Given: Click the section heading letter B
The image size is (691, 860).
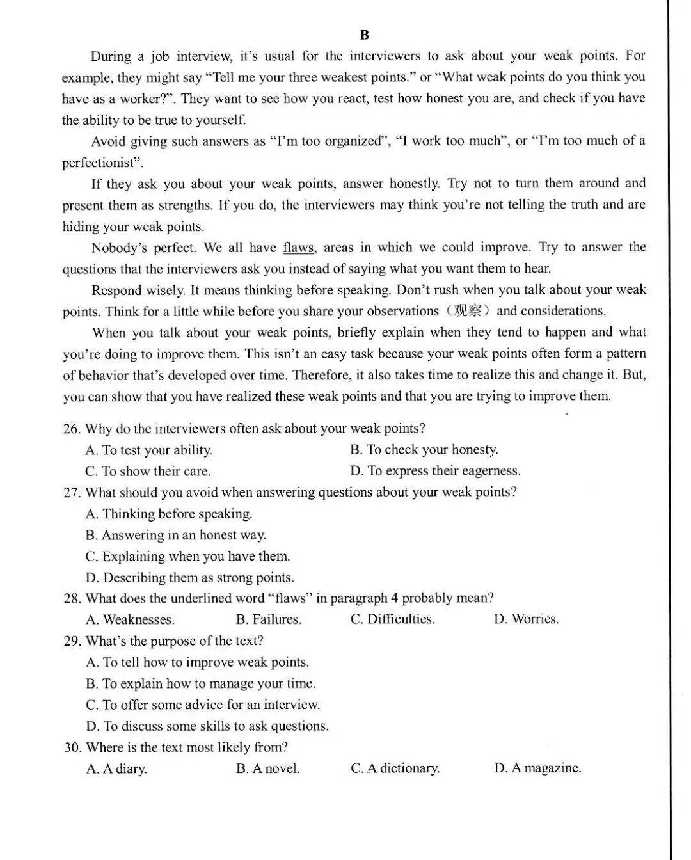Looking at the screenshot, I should point(365,35).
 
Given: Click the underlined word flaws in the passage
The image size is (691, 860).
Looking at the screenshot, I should point(298,248).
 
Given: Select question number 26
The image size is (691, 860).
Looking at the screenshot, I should point(71,429).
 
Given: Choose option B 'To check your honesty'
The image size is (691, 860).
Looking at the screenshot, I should point(424,450).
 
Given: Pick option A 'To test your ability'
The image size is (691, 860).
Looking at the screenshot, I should point(148,450).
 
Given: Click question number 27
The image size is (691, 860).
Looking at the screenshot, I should point(72,493).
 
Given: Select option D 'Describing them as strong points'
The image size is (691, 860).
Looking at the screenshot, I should point(189,578).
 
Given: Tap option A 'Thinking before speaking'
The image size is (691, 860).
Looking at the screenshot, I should point(169,514).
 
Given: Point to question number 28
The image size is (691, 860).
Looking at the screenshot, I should point(72,599).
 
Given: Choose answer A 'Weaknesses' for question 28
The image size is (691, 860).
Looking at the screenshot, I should point(130,620).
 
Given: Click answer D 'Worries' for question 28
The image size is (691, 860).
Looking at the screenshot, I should point(526,619).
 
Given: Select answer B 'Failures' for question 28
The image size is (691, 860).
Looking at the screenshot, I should point(268,619).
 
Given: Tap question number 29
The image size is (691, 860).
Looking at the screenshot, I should point(72,641).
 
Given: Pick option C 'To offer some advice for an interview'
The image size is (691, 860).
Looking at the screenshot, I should point(202,705).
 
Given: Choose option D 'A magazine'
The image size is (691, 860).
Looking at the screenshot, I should point(537,768).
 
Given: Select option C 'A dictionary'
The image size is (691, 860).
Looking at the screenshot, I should point(395,768).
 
